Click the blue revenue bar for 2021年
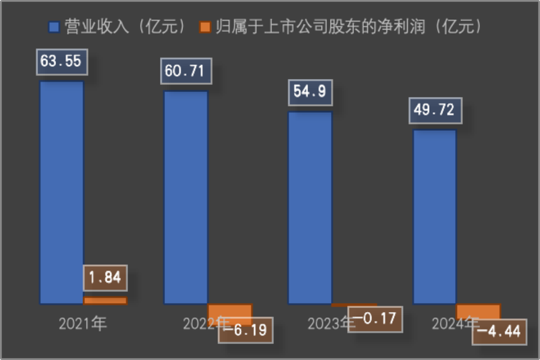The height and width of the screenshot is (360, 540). [x=61, y=192]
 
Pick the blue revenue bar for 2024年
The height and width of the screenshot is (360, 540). [x=434, y=216]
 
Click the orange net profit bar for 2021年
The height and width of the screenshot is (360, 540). [x=105, y=301]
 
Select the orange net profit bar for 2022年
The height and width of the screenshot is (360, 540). [x=230, y=311]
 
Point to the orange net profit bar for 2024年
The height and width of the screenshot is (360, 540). [x=478, y=310]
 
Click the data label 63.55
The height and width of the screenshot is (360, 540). [x=60, y=62]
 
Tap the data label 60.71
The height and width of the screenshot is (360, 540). [x=186, y=71]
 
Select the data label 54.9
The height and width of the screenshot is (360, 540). [x=310, y=92]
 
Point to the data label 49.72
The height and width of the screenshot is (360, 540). [x=435, y=109]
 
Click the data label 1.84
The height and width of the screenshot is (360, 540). [x=105, y=278]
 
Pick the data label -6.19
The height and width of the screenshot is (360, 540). [x=245, y=331]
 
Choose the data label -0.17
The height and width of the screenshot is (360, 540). [x=375, y=319]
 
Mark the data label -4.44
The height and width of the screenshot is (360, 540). [x=499, y=332]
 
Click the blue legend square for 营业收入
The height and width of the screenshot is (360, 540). [x=55, y=28]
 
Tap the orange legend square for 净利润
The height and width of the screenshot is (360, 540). [x=205, y=28]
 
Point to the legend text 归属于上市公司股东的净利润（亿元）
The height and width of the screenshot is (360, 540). [x=348, y=27]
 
